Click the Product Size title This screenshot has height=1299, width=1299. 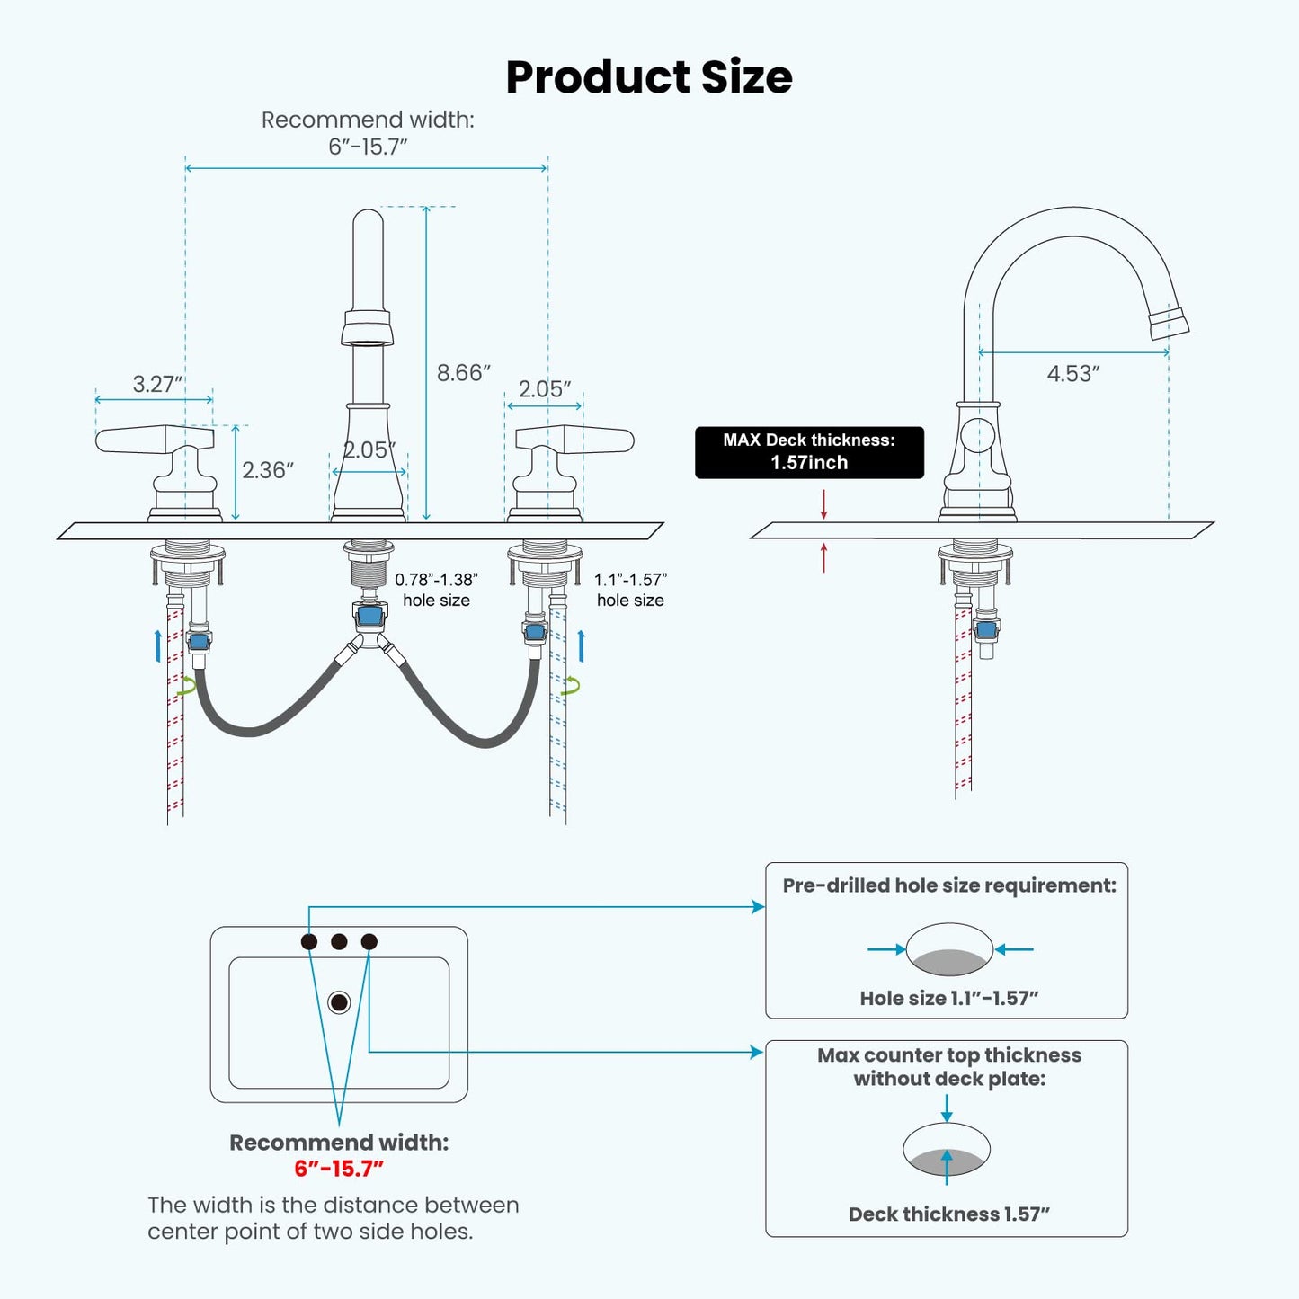[x=649, y=76]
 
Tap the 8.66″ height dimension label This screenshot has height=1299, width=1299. [x=463, y=372]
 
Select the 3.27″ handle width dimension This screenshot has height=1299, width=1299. [x=157, y=384]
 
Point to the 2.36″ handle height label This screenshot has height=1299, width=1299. [x=268, y=469]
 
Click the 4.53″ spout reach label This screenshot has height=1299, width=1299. [x=1073, y=373]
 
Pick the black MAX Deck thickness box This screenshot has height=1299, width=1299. [x=809, y=452]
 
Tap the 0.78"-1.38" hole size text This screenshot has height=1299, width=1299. [x=436, y=590]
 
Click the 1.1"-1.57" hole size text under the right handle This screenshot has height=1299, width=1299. [x=630, y=590]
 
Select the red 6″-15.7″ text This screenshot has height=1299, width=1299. [x=339, y=1169]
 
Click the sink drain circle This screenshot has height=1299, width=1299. [x=339, y=1001]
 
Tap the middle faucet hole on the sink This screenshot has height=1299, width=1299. [x=339, y=941]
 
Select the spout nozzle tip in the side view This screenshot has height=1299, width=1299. [x=1170, y=323]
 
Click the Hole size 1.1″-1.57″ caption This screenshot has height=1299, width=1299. [x=948, y=998]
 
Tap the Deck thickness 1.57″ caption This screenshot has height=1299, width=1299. [x=948, y=1214]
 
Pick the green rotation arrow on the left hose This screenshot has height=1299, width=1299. [x=187, y=687]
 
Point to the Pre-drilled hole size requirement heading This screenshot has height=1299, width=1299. [x=948, y=885]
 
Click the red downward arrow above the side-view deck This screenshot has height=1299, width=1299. [x=823, y=504]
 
